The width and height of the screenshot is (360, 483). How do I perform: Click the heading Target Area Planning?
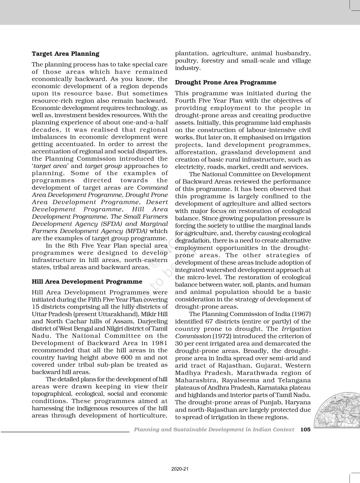[x=66, y=54]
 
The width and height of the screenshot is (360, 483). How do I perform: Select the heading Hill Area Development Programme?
[x=87, y=281]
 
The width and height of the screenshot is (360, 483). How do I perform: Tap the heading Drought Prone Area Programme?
[x=226, y=82]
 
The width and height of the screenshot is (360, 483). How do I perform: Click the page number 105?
[x=305, y=429]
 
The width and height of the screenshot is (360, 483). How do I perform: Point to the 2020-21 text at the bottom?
[x=180, y=469]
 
